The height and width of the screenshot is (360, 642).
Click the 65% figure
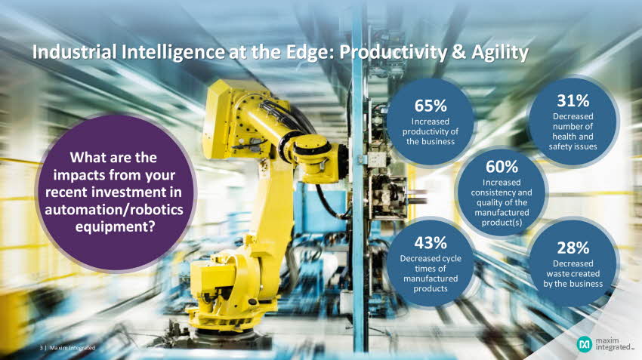point(431,106)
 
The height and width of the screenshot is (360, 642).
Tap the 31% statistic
point(573,100)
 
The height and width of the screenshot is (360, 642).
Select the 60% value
point(502,167)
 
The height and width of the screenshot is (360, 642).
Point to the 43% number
point(431,243)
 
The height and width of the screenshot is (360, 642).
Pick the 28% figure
point(573,248)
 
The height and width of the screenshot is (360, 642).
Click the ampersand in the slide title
point(460,52)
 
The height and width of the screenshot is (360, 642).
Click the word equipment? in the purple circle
point(115,226)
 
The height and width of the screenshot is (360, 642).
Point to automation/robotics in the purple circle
point(114,210)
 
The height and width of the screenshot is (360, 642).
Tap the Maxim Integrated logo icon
point(585,344)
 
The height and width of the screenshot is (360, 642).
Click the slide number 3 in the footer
point(41,348)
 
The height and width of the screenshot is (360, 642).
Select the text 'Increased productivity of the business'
point(431,131)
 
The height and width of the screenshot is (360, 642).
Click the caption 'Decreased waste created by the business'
point(573,274)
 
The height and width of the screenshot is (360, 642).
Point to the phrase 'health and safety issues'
point(573,142)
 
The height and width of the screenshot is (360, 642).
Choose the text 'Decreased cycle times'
point(431,263)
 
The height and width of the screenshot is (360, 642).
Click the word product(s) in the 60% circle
point(502,223)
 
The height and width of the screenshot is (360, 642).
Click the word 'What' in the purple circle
point(85,158)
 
